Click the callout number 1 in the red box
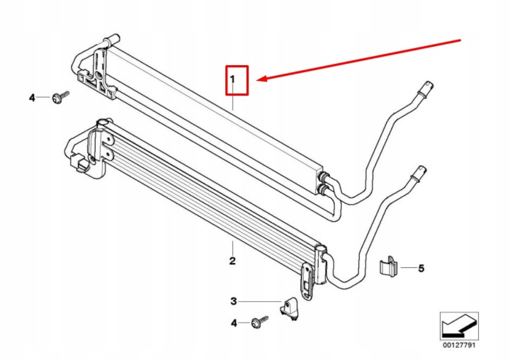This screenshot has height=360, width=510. tap(232, 79)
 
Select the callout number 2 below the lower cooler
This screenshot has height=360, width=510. tap(232, 261)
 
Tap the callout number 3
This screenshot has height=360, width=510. tap(234, 301)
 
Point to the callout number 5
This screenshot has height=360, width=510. tap(421, 268)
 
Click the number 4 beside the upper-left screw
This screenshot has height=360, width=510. tap(32, 97)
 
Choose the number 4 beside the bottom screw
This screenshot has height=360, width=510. tap(234, 323)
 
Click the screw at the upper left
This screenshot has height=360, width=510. tap(60, 96)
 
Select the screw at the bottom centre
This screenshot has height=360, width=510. tap(260, 322)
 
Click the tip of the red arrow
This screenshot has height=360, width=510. tap(257, 80)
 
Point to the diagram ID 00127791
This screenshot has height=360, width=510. tap(459, 344)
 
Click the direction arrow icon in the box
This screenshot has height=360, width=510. tap(459, 326)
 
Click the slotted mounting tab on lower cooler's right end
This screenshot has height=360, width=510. tap(307, 281)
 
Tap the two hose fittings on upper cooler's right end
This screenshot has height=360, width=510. tap(323, 183)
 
